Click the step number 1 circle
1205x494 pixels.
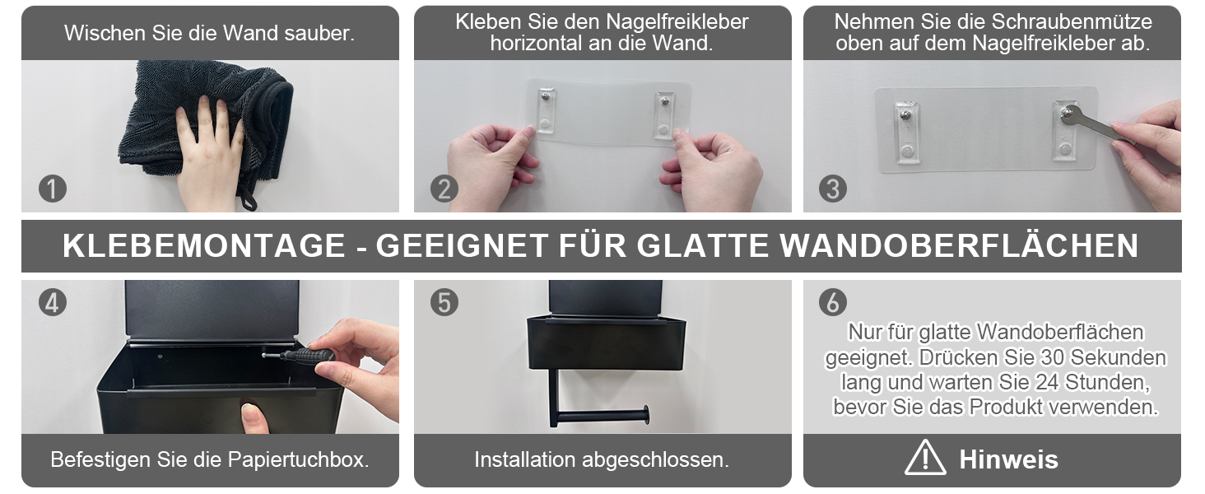[52, 189]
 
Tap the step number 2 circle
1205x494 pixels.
[444, 189]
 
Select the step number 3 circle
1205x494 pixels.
[833, 189]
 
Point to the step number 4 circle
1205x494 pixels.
[52, 302]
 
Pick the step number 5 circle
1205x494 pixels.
[444, 302]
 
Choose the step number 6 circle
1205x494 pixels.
[833, 302]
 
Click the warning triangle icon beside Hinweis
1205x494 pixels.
[924, 458]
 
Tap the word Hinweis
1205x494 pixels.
[1008, 459]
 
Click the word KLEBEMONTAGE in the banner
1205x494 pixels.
[204, 245]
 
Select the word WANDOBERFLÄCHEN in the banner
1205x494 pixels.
[959, 245]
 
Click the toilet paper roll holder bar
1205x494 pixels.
[602, 415]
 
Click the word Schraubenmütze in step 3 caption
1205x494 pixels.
[1072, 22]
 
